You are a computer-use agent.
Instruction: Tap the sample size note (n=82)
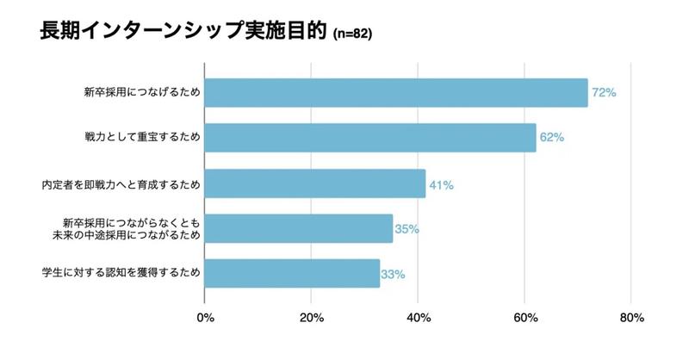click(352, 35)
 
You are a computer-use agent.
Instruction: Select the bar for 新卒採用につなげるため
click(396, 93)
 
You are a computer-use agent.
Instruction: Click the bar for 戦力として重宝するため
click(370, 138)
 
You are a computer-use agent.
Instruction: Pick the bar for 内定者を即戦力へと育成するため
click(315, 183)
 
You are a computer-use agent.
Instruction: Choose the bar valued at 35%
click(299, 228)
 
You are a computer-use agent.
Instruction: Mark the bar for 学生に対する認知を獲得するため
click(293, 274)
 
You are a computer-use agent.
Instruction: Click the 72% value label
click(604, 93)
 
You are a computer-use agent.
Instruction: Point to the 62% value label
click(551, 138)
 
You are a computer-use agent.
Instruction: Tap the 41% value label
click(441, 184)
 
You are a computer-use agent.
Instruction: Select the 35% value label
click(407, 229)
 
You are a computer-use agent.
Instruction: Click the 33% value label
click(393, 275)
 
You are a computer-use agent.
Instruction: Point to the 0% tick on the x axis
click(205, 319)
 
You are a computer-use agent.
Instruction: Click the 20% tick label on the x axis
click(311, 319)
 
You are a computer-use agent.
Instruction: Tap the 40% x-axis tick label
click(418, 319)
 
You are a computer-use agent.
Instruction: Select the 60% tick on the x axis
click(525, 319)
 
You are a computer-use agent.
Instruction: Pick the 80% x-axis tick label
click(631, 319)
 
